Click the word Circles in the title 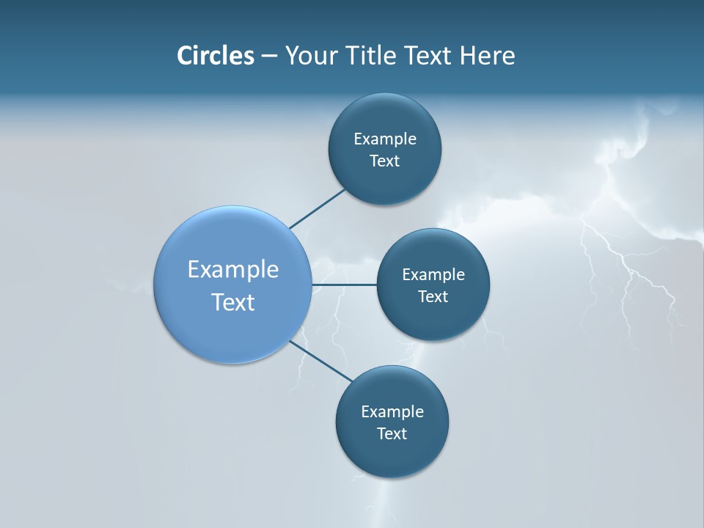tap(215, 56)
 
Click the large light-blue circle tap(233, 323)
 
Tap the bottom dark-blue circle tap(392, 455)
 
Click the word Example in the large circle tap(233, 270)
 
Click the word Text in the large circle tap(233, 302)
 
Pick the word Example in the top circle tap(385, 139)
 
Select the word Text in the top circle tap(385, 161)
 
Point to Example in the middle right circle tap(433, 275)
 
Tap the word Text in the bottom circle tap(392, 434)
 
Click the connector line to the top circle tap(317, 209)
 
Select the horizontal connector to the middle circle tap(345, 285)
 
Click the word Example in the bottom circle tap(392, 412)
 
